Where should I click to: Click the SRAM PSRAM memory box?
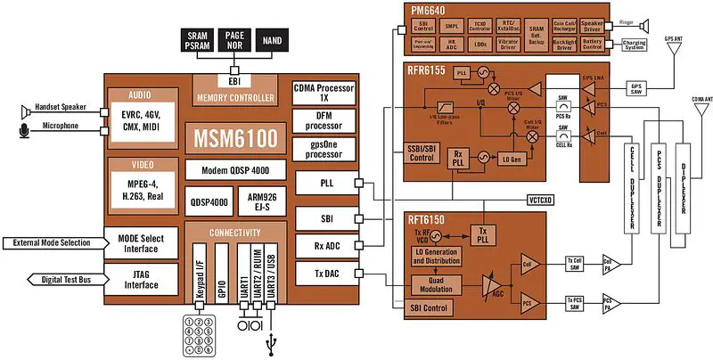(x=197, y=38)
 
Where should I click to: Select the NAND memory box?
(x=275, y=38)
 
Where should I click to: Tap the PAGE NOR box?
(x=236, y=38)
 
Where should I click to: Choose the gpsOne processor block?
(x=324, y=148)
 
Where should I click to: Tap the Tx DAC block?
(x=324, y=274)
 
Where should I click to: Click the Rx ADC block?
(x=324, y=244)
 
